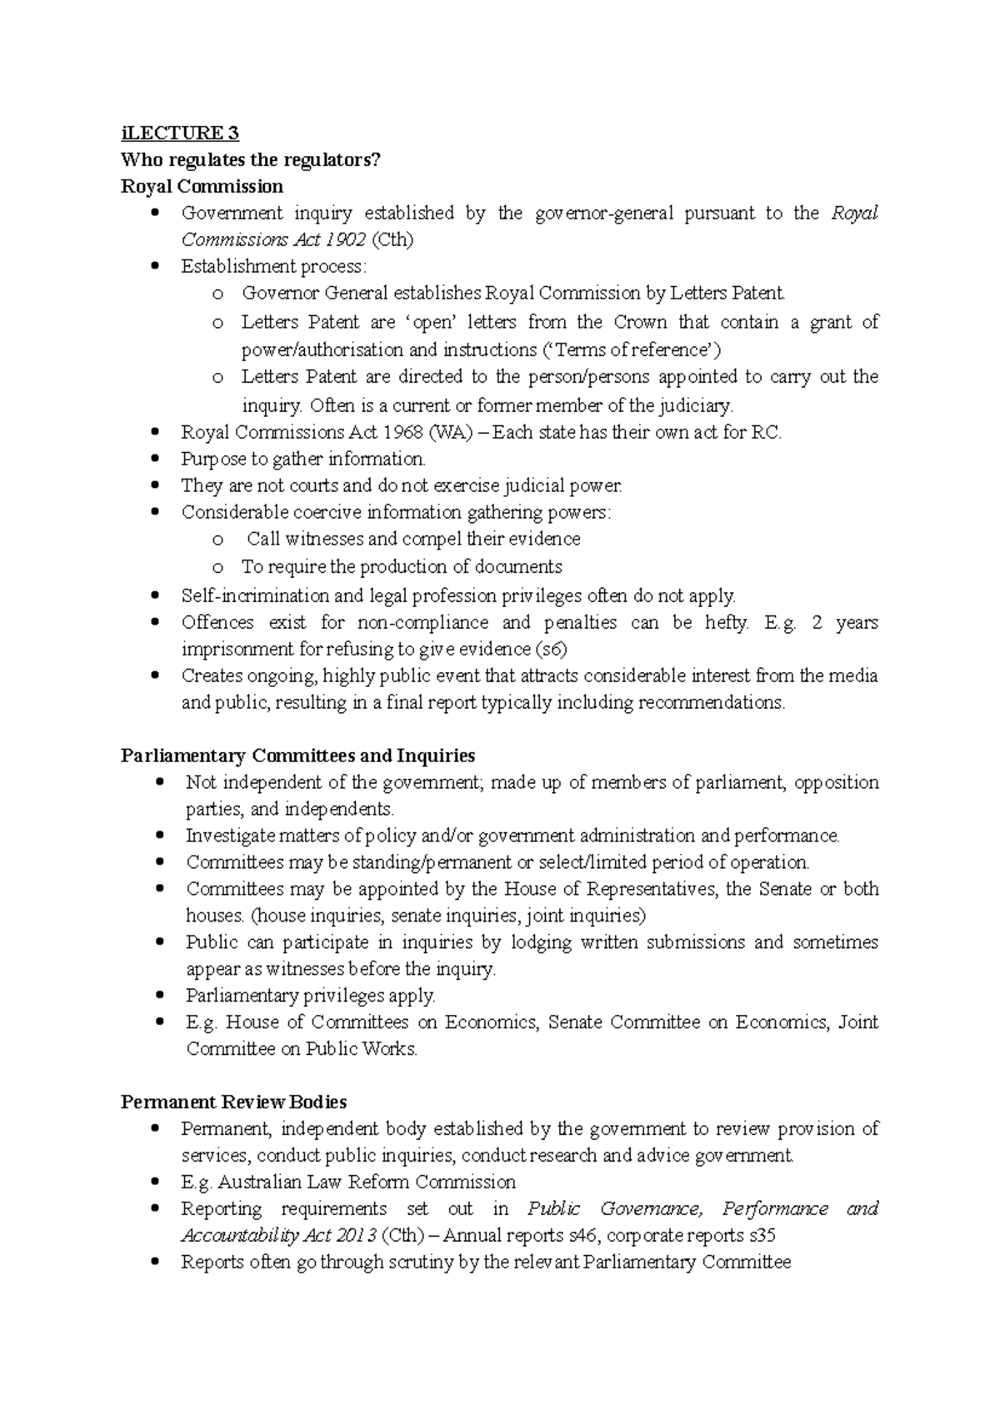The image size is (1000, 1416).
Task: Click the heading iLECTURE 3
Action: [x=180, y=133]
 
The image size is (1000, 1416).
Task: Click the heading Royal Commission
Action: [x=202, y=186]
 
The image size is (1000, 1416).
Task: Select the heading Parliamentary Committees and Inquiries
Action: [x=297, y=756]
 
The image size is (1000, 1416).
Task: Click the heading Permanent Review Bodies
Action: [x=233, y=1102]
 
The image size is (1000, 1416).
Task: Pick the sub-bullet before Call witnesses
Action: [x=217, y=540]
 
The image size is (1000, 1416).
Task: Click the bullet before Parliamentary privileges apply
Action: [x=159, y=997]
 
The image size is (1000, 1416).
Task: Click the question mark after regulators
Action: [x=376, y=160]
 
